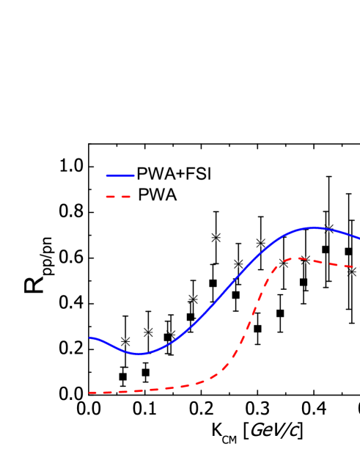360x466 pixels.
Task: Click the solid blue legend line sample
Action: pyautogui.click(x=120, y=175)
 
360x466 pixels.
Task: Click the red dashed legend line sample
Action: pyautogui.click(x=118, y=197)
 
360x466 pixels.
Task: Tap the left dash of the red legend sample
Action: pyautogui.click(x=111, y=197)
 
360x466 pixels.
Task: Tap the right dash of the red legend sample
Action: pyautogui.click(x=125, y=197)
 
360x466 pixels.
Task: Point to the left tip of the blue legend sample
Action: pyautogui.click(x=107, y=175)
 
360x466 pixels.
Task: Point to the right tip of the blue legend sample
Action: pyautogui.click(x=133, y=175)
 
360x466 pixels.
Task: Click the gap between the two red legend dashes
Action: pyautogui.click(x=118, y=197)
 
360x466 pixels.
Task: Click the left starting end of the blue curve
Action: pyautogui.click(x=90, y=338)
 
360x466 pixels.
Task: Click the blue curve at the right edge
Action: pyautogui.click(x=358, y=238)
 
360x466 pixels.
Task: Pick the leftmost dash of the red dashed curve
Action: pyautogui.click(x=93, y=393)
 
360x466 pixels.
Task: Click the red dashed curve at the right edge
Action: pyautogui.click(x=358, y=266)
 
